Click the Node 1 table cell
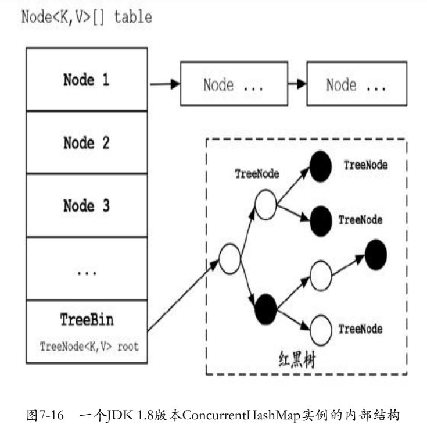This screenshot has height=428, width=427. click(87, 80)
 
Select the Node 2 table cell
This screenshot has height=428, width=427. click(87, 142)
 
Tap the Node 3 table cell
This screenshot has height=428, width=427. click(87, 205)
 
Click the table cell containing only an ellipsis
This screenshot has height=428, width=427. click(87, 269)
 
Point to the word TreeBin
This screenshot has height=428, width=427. click(87, 319)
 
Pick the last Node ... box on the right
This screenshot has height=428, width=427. click(356, 85)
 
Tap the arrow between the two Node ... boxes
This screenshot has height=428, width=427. click(297, 85)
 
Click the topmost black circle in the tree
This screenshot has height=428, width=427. click(321, 168)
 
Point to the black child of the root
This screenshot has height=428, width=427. click(266, 305)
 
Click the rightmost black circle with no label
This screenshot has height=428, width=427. click(375, 251)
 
